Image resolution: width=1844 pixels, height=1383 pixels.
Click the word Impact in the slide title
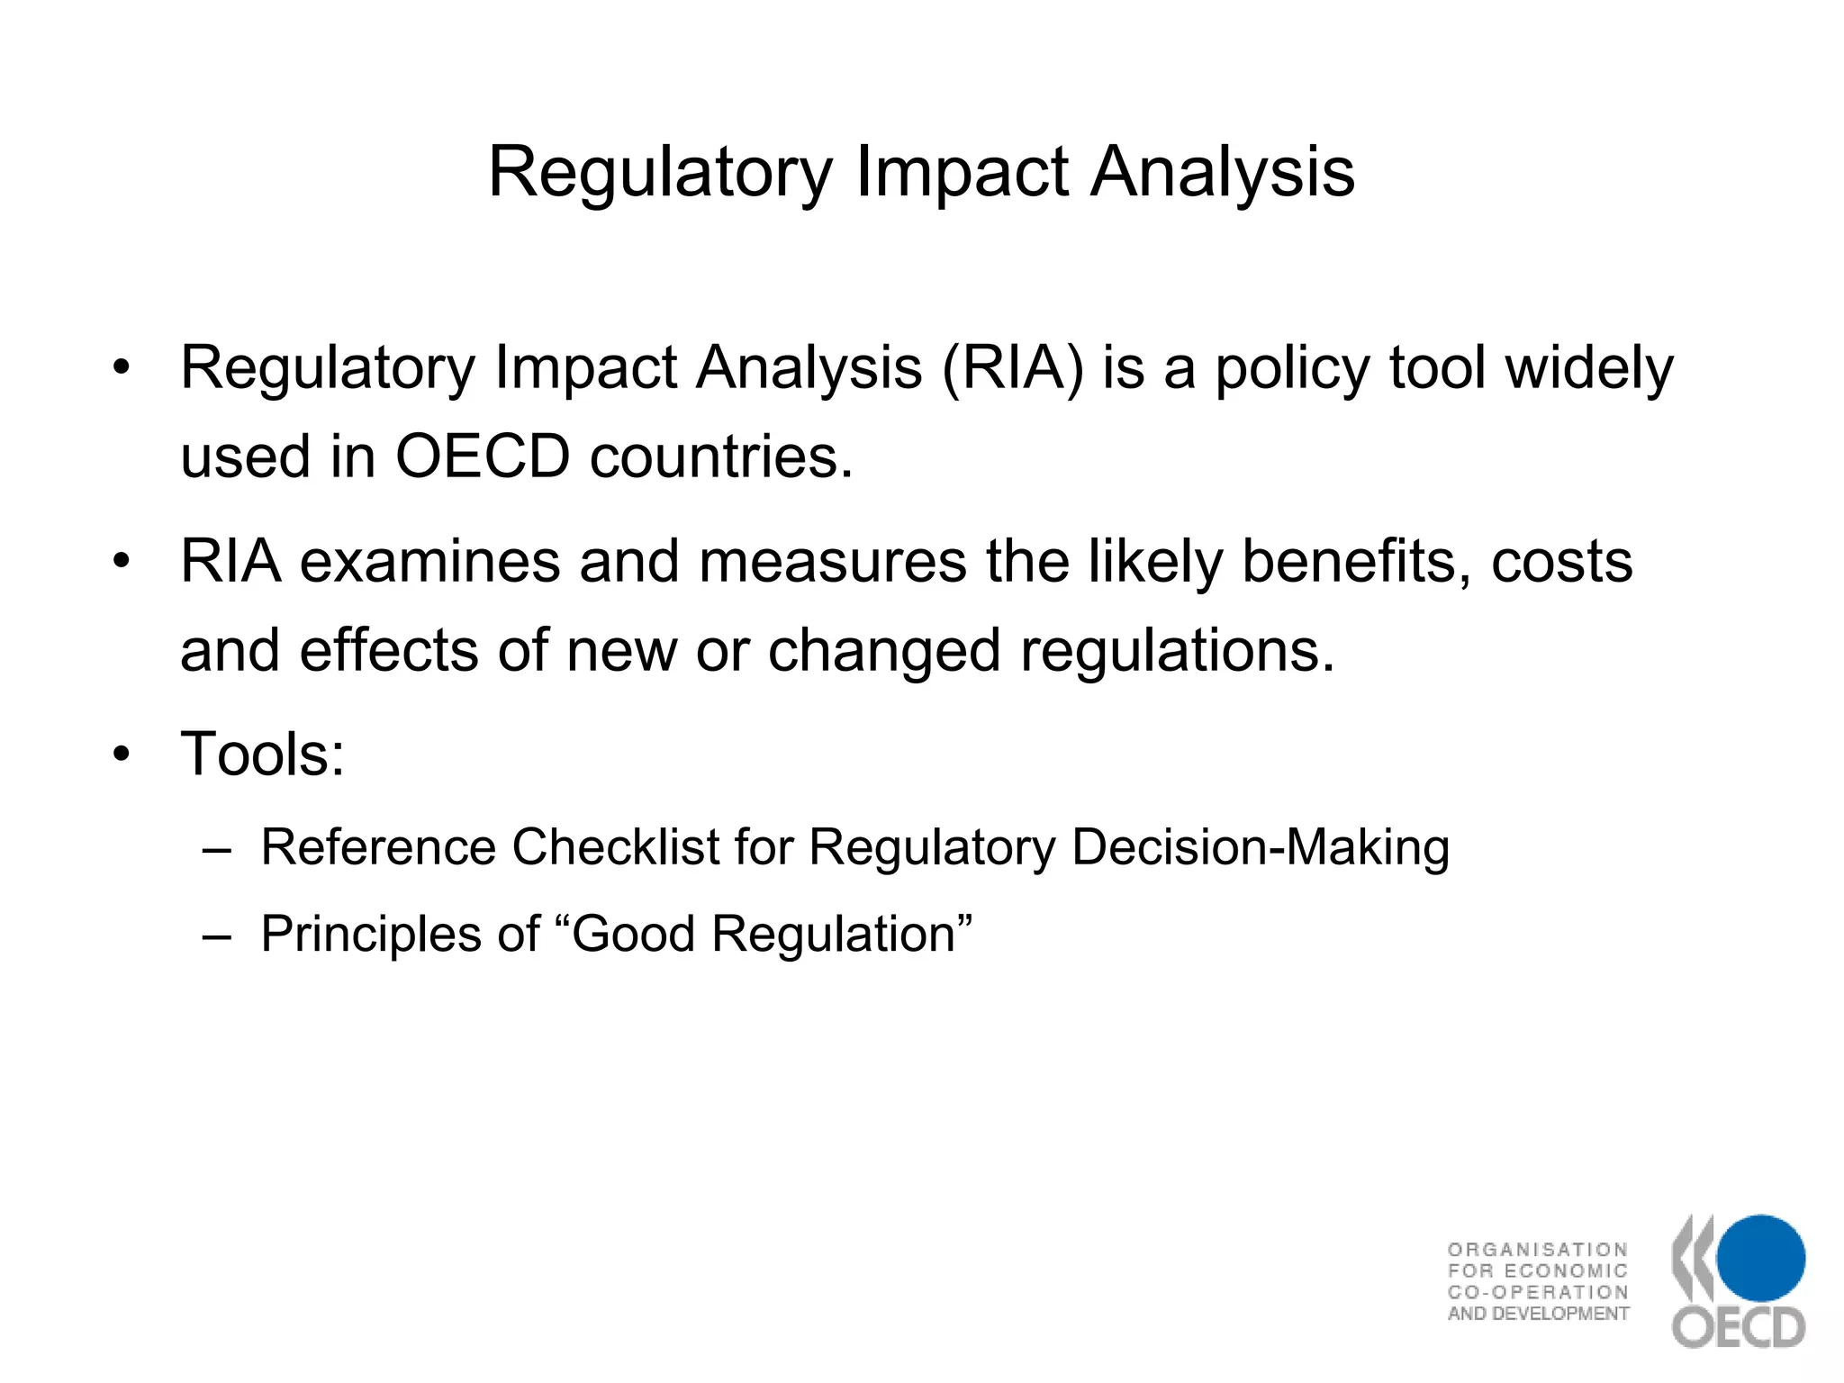pyautogui.click(x=962, y=173)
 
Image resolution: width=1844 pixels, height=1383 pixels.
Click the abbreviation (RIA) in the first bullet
pyautogui.click(x=1012, y=369)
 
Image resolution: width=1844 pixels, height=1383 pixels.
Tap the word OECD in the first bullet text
pyautogui.click(x=483, y=456)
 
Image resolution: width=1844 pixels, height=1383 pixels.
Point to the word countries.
pyautogui.click(x=720, y=456)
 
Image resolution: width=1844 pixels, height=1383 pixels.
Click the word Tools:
pyautogui.click(x=262, y=754)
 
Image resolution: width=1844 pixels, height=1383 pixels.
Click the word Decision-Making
pyautogui.click(x=1261, y=847)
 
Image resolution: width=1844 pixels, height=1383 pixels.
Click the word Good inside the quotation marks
pyautogui.click(x=633, y=934)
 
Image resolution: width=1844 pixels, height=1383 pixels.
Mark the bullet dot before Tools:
pyautogui.click(x=122, y=755)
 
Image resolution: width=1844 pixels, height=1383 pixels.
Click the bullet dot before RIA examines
pyautogui.click(x=122, y=562)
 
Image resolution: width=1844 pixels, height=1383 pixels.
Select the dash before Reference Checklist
pyautogui.click(x=217, y=849)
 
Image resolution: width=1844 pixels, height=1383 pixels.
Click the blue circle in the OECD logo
pyautogui.click(x=1759, y=1258)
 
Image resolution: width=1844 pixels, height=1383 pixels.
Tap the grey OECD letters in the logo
pyautogui.click(x=1739, y=1327)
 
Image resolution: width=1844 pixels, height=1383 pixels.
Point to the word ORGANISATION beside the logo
pyautogui.click(x=1537, y=1249)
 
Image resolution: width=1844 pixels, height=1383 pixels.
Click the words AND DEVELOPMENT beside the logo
pyautogui.click(x=1538, y=1314)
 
